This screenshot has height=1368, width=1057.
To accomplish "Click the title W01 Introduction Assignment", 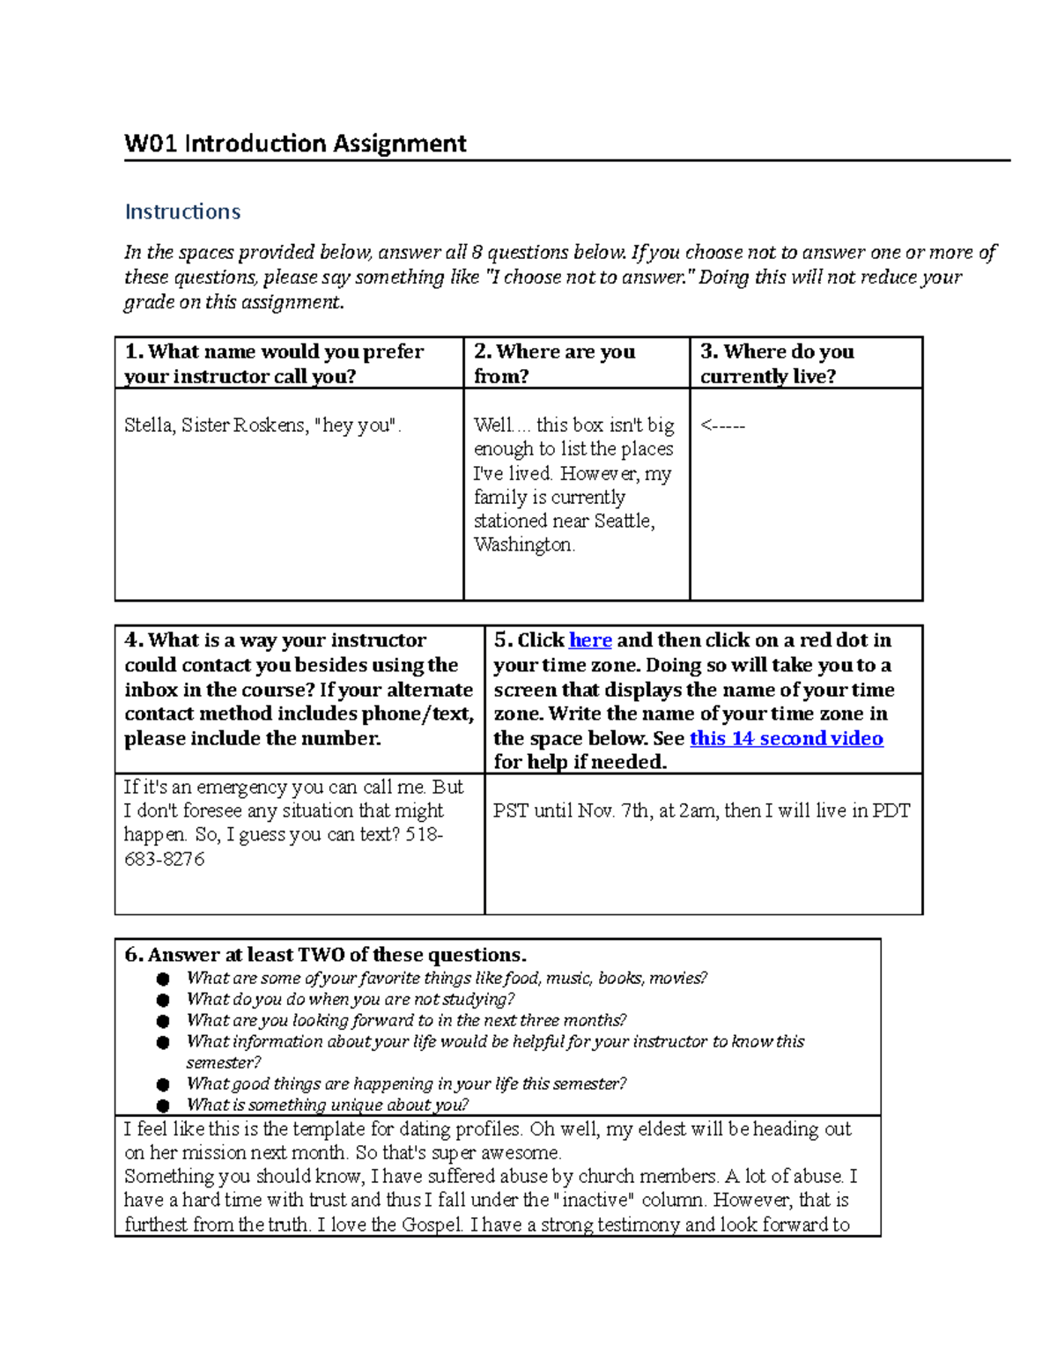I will point(295,144).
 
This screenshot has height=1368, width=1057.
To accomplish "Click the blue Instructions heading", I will point(182,212).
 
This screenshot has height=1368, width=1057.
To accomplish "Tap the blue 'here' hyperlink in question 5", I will point(590,640).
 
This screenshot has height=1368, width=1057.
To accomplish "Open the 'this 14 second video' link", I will point(786,738).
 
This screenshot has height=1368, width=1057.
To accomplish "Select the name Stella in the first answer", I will point(149,425).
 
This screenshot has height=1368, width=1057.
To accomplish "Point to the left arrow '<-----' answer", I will point(722,426).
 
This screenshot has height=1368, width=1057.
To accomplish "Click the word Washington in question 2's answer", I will point(523,545).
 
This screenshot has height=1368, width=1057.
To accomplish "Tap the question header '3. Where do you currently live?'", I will point(777,363).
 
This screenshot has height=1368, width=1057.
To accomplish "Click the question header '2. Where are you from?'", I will point(554,363).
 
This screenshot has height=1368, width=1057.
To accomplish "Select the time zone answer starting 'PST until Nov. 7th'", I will point(701,810).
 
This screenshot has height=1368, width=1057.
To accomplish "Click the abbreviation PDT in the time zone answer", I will point(891,810).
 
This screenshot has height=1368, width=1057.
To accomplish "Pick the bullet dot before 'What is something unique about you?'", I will point(162,1105).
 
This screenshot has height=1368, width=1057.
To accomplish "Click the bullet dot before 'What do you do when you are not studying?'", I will point(162,1000).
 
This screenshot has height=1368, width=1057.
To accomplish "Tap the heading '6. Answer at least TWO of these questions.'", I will point(325,955).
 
